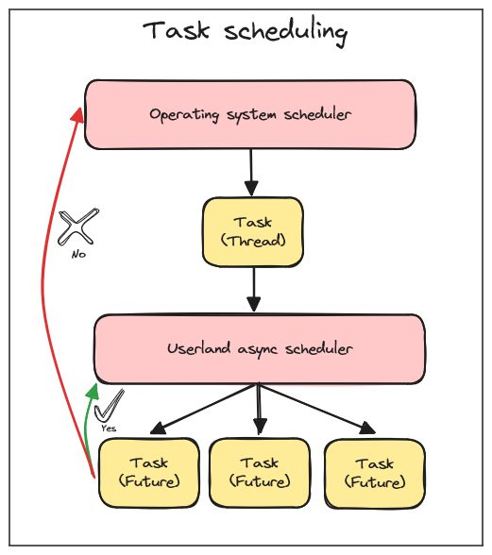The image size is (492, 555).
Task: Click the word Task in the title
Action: pos(176,30)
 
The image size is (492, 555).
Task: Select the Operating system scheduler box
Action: pos(250,114)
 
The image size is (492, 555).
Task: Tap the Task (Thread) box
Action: pos(253,232)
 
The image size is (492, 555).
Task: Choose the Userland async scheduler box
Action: pos(260,349)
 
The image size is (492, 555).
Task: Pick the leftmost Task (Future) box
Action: pos(149,473)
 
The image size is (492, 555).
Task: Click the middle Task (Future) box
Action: pos(260,473)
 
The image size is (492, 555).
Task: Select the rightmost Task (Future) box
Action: pos(375,473)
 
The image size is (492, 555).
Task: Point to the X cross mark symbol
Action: pos(78,227)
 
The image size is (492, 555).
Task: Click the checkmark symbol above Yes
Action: pos(109,405)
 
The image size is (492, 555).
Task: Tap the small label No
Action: pos(78,254)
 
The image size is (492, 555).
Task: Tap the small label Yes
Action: pos(109,428)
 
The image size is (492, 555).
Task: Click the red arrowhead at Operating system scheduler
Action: pos(78,115)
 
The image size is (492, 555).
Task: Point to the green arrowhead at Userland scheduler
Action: pos(93,391)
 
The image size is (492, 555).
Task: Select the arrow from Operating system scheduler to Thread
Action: pos(251,173)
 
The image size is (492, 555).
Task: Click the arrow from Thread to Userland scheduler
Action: pos(254,291)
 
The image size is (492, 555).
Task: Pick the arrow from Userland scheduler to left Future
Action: pos(204,409)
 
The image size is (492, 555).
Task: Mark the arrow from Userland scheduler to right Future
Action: pos(317,409)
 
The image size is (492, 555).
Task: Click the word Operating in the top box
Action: pos(184,115)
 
